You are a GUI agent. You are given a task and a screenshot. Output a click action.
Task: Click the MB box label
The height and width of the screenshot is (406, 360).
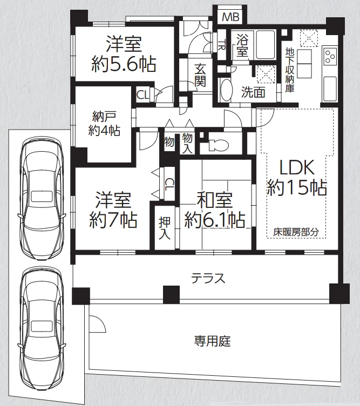click(x=230, y=17)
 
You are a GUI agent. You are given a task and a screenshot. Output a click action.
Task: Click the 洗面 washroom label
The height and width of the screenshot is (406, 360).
click(x=253, y=92)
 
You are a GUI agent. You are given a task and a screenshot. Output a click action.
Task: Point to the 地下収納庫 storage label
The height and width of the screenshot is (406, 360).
click(x=290, y=70)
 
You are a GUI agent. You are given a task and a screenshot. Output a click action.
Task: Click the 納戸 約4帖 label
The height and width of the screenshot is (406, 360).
click(x=104, y=123)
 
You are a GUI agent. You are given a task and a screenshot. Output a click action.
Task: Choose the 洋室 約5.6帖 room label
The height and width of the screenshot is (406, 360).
click(x=124, y=53)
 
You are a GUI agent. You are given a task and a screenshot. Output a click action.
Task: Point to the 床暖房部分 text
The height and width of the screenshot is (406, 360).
click(x=296, y=233)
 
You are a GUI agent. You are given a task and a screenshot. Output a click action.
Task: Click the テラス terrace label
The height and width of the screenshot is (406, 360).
click(x=208, y=278)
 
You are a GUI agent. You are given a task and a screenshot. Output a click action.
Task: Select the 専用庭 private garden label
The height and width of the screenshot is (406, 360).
click(x=213, y=341)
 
